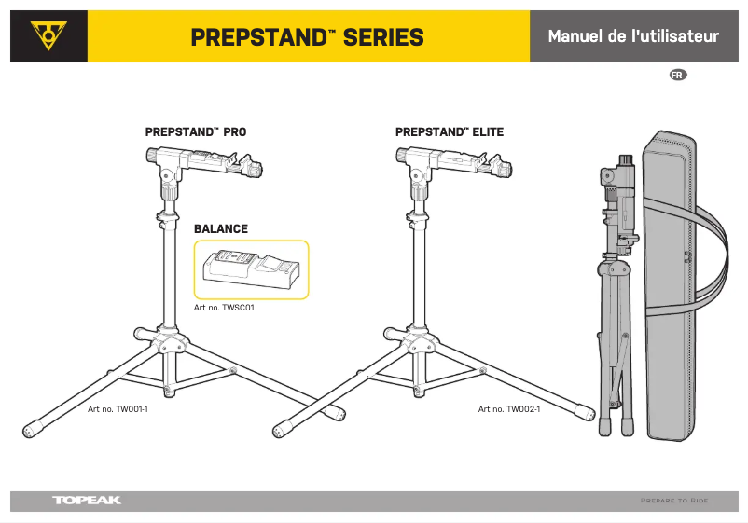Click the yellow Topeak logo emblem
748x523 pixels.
(x=48, y=37)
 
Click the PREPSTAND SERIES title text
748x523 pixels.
(x=307, y=37)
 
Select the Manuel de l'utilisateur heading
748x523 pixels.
(x=633, y=37)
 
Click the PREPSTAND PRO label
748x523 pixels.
(x=196, y=132)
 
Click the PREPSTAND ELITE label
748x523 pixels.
(x=450, y=132)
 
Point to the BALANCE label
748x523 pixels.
(x=221, y=228)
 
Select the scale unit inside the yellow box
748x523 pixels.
(x=251, y=269)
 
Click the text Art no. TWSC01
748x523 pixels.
(x=224, y=307)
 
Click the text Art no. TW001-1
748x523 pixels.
(x=118, y=409)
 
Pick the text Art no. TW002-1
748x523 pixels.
(x=509, y=409)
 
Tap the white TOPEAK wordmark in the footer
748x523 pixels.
(x=87, y=501)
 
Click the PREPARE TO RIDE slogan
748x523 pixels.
(x=674, y=501)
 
